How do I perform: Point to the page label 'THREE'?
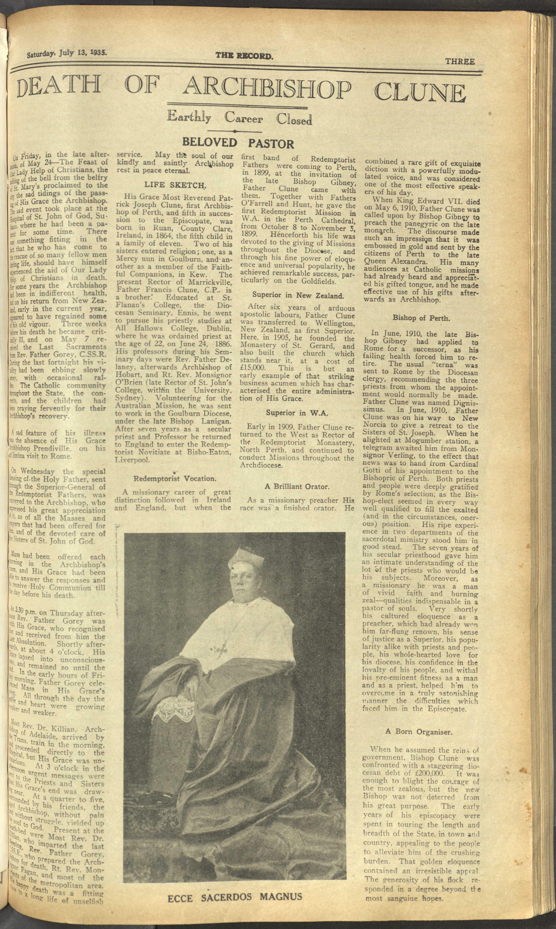click(460, 61)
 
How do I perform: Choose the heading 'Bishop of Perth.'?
click(421, 318)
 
